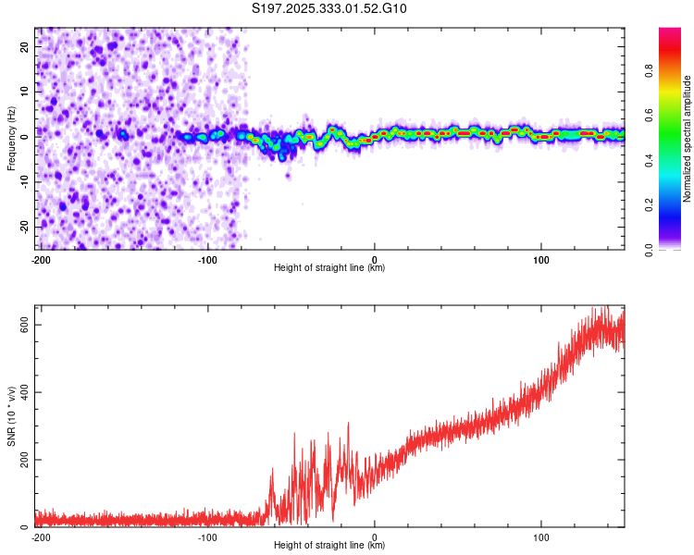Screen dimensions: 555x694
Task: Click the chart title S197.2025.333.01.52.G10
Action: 329,9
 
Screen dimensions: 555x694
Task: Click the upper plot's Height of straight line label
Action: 329,268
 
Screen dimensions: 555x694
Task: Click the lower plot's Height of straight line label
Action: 329,546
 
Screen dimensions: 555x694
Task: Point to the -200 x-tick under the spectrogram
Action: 40,259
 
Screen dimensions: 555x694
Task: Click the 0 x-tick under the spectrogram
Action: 374,259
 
